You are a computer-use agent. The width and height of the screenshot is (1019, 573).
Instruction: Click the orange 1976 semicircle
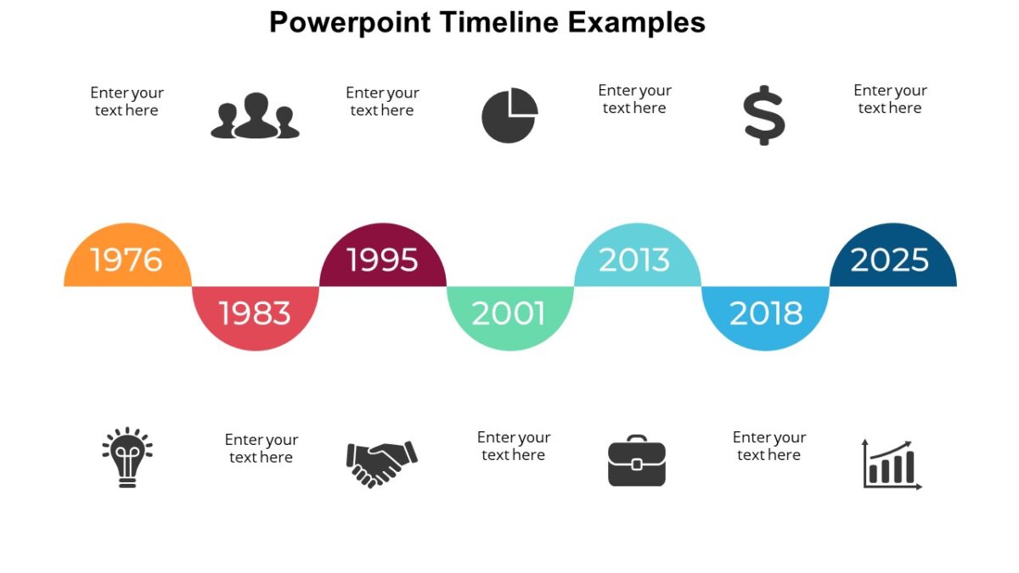(127, 259)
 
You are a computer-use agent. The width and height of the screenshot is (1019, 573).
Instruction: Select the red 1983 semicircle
(255, 314)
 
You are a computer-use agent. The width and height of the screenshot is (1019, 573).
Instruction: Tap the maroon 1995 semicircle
(382, 259)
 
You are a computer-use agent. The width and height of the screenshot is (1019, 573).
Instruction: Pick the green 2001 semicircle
(509, 314)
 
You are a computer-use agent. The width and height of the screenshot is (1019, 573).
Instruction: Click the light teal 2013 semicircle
(637, 259)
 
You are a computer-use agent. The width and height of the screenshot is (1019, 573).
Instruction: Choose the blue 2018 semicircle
(765, 314)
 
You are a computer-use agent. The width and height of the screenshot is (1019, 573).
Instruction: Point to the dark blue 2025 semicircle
(892, 259)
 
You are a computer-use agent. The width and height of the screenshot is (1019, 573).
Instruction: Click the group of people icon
(255, 116)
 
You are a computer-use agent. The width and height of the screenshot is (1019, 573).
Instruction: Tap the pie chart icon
(509, 115)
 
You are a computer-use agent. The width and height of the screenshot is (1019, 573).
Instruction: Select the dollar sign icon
(764, 115)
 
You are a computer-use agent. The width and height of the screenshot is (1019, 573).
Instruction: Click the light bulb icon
(127, 457)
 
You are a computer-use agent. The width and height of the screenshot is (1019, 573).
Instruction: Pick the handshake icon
(381, 463)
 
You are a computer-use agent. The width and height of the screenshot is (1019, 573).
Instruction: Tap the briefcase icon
(637, 461)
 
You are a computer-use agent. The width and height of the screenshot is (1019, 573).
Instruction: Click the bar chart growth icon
(891, 464)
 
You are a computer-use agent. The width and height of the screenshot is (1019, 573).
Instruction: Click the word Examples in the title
(636, 22)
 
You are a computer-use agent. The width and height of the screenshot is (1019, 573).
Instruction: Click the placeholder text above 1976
(127, 102)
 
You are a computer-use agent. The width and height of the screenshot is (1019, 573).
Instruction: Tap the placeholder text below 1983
(261, 448)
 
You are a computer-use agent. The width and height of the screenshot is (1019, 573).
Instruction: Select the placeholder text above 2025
(890, 99)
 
